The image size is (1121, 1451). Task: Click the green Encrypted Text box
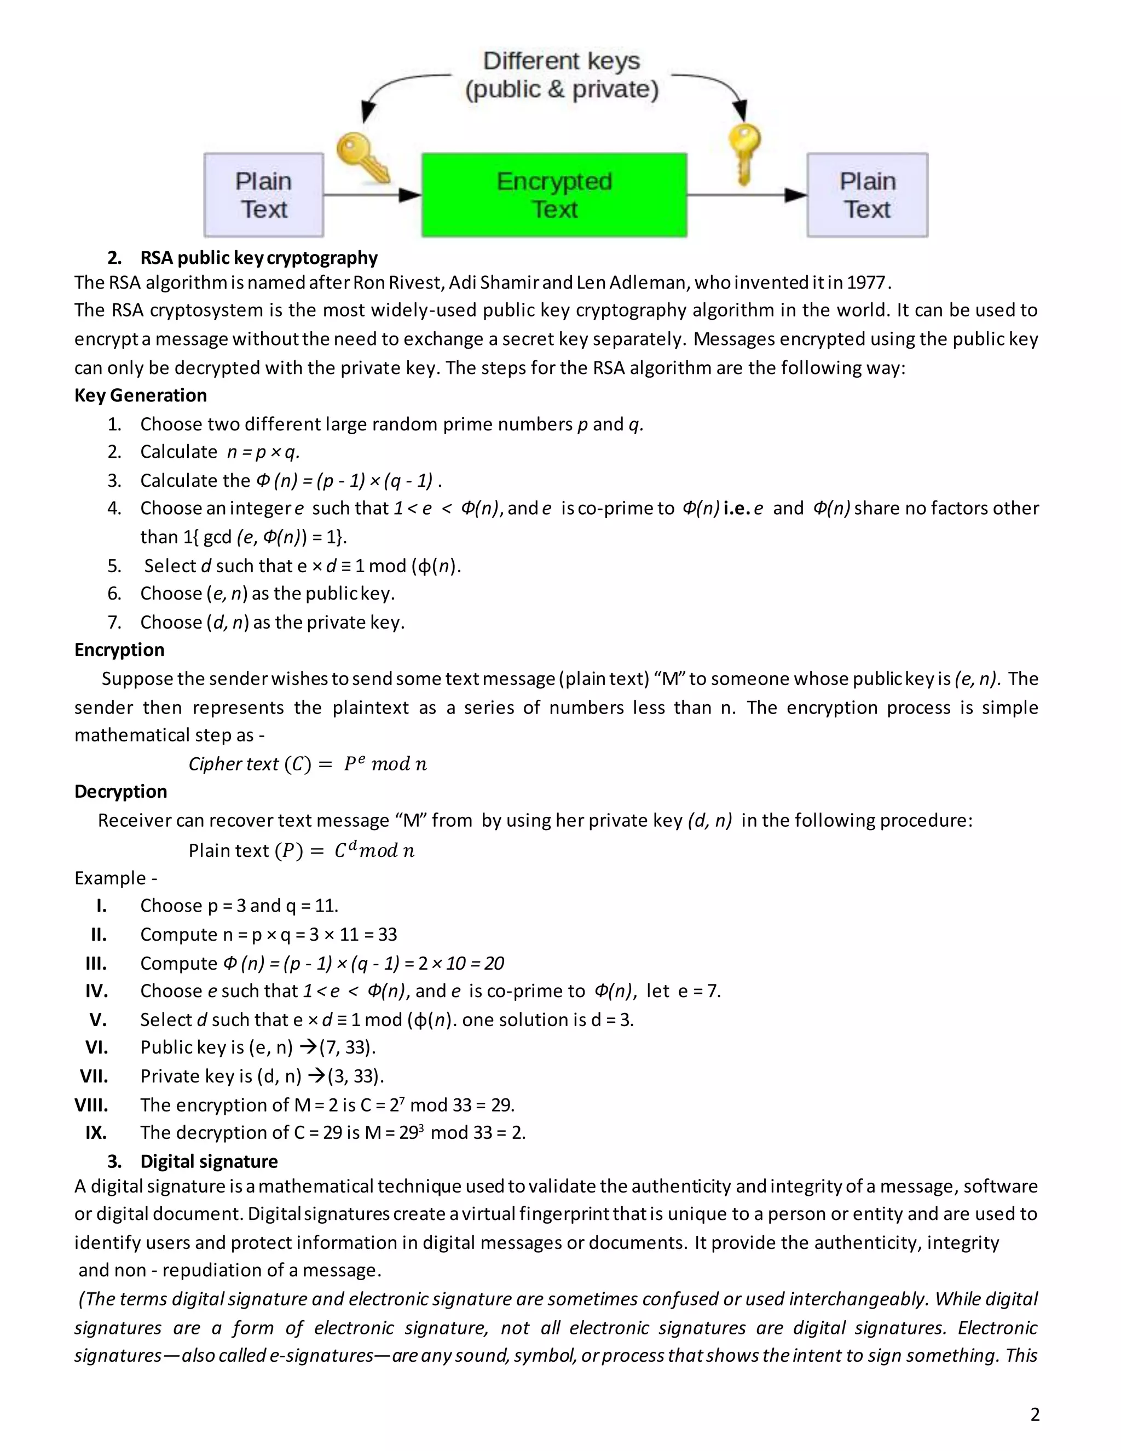tap(554, 195)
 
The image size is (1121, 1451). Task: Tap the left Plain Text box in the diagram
tap(264, 195)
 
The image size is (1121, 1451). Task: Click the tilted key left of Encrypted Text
tap(362, 158)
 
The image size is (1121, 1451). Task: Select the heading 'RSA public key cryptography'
tap(258, 258)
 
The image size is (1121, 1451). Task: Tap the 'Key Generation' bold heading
tap(141, 395)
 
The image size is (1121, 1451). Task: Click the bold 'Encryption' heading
tap(119, 650)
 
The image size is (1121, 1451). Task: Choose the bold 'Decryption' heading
tap(121, 791)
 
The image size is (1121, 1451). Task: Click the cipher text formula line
tap(308, 764)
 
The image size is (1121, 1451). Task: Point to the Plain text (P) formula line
tap(302, 850)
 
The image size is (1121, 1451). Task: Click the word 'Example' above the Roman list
tap(110, 878)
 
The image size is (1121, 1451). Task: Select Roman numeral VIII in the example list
tap(91, 1105)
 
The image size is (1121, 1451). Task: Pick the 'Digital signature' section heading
tap(209, 1161)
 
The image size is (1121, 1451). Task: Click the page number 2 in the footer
tap(1035, 1414)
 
